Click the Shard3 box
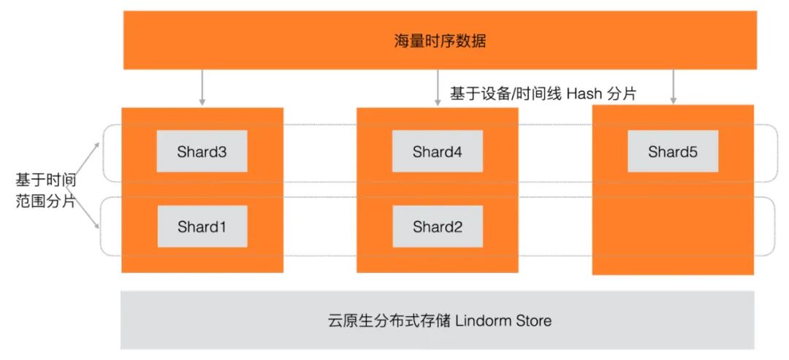[x=202, y=152]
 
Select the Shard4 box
[x=437, y=152]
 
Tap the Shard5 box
[x=672, y=152]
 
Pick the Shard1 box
[x=202, y=226]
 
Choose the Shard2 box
[x=437, y=226]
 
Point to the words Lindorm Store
[x=504, y=321]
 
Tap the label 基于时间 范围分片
[x=46, y=191]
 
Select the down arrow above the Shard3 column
[x=202, y=88]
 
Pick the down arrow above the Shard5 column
[x=673, y=88]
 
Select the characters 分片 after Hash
[x=622, y=93]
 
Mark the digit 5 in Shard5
[x=693, y=152]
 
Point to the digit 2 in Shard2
[x=457, y=226]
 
